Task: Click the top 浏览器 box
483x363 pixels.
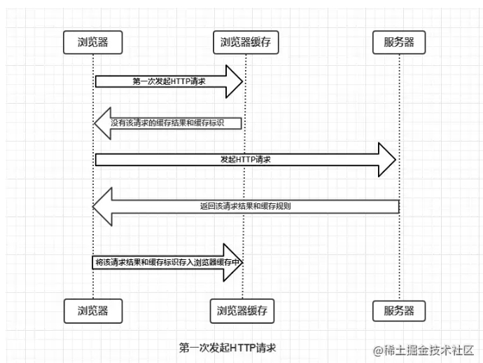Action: [92, 42]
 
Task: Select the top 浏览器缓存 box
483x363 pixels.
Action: [241, 42]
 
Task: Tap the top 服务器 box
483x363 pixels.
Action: [398, 42]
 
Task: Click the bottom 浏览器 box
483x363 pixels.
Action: [92, 309]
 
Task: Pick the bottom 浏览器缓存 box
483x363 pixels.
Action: [241, 309]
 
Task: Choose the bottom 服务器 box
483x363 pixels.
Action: [398, 309]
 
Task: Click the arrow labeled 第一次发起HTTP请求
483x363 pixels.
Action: [168, 81]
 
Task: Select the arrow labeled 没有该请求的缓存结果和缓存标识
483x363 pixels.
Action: [175, 123]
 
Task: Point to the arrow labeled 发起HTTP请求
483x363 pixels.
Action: [245, 160]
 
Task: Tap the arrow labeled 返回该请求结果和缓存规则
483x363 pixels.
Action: [245, 206]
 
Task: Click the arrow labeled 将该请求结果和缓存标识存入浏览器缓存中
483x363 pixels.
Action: [168, 263]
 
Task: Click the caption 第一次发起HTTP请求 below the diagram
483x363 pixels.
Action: [227, 347]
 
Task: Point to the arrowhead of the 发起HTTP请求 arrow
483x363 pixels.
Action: [387, 160]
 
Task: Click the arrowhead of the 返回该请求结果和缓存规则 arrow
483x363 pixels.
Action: [103, 206]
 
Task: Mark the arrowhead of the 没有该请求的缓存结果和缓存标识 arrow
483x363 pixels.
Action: [103, 123]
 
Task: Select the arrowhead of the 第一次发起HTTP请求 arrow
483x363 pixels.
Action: [233, 81]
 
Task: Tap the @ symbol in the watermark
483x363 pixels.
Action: [377, 349]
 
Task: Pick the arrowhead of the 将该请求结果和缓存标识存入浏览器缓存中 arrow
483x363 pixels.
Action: [233, 263]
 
